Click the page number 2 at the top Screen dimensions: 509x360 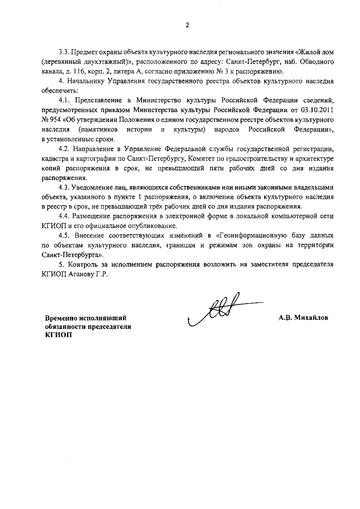pyautogui.click(x=187, y=26)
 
